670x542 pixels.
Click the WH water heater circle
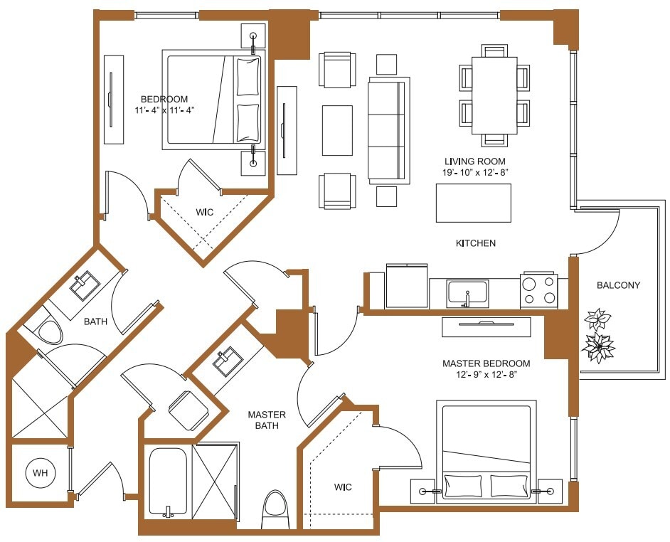[40, 472]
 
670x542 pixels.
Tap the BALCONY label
[618, 285]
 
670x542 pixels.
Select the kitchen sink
[467, 292]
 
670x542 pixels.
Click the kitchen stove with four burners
[538, 290]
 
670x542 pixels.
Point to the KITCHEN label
[475, 243]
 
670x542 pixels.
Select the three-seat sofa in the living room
[388, 129]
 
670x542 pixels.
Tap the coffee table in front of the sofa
[337, 130]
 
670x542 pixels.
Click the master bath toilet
[275, 509]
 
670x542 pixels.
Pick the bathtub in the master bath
[168, 482]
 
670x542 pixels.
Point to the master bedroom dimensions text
[484, 375]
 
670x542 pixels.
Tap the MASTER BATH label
[267, 420]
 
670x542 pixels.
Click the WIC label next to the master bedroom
[343, 487]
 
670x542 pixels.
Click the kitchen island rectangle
[473, 203]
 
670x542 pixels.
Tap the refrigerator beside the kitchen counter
[407, 286]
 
